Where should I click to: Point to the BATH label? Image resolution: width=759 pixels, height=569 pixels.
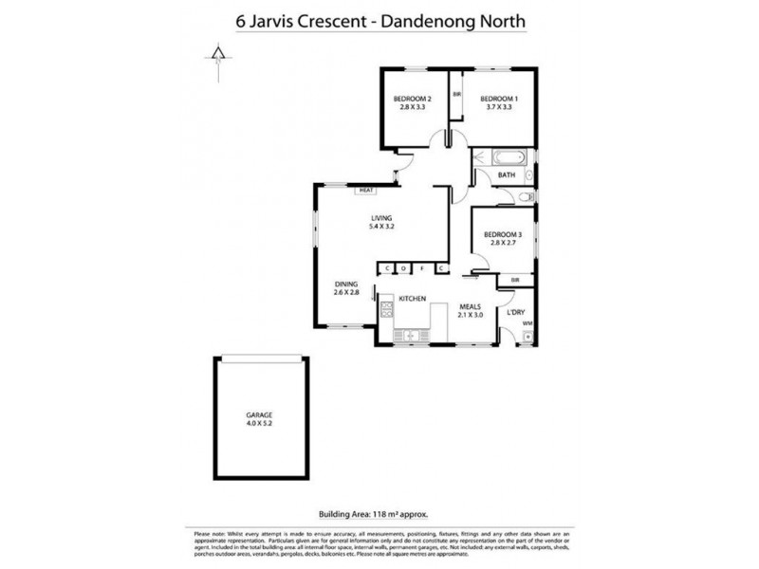(508, 174)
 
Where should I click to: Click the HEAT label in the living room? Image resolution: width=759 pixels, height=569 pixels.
(366, 191)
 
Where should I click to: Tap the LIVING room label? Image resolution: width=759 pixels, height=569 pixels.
(380, 216)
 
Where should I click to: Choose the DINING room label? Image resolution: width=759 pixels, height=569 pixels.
(346, 283)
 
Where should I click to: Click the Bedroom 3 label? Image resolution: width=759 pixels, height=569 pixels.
(503, 233)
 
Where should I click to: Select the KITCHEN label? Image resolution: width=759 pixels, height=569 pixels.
(411, 301)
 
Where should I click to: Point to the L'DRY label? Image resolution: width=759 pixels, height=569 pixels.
(516, 312)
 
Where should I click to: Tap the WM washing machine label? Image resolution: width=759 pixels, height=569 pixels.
(528, 324)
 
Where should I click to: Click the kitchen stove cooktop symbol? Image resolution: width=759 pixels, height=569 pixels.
(387, 309)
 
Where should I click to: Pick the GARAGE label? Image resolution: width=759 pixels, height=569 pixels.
(260, 415)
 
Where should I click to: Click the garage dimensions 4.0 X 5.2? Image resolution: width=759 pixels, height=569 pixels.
(260, 425)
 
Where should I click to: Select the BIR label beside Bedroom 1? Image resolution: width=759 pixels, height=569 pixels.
(456, 95)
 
